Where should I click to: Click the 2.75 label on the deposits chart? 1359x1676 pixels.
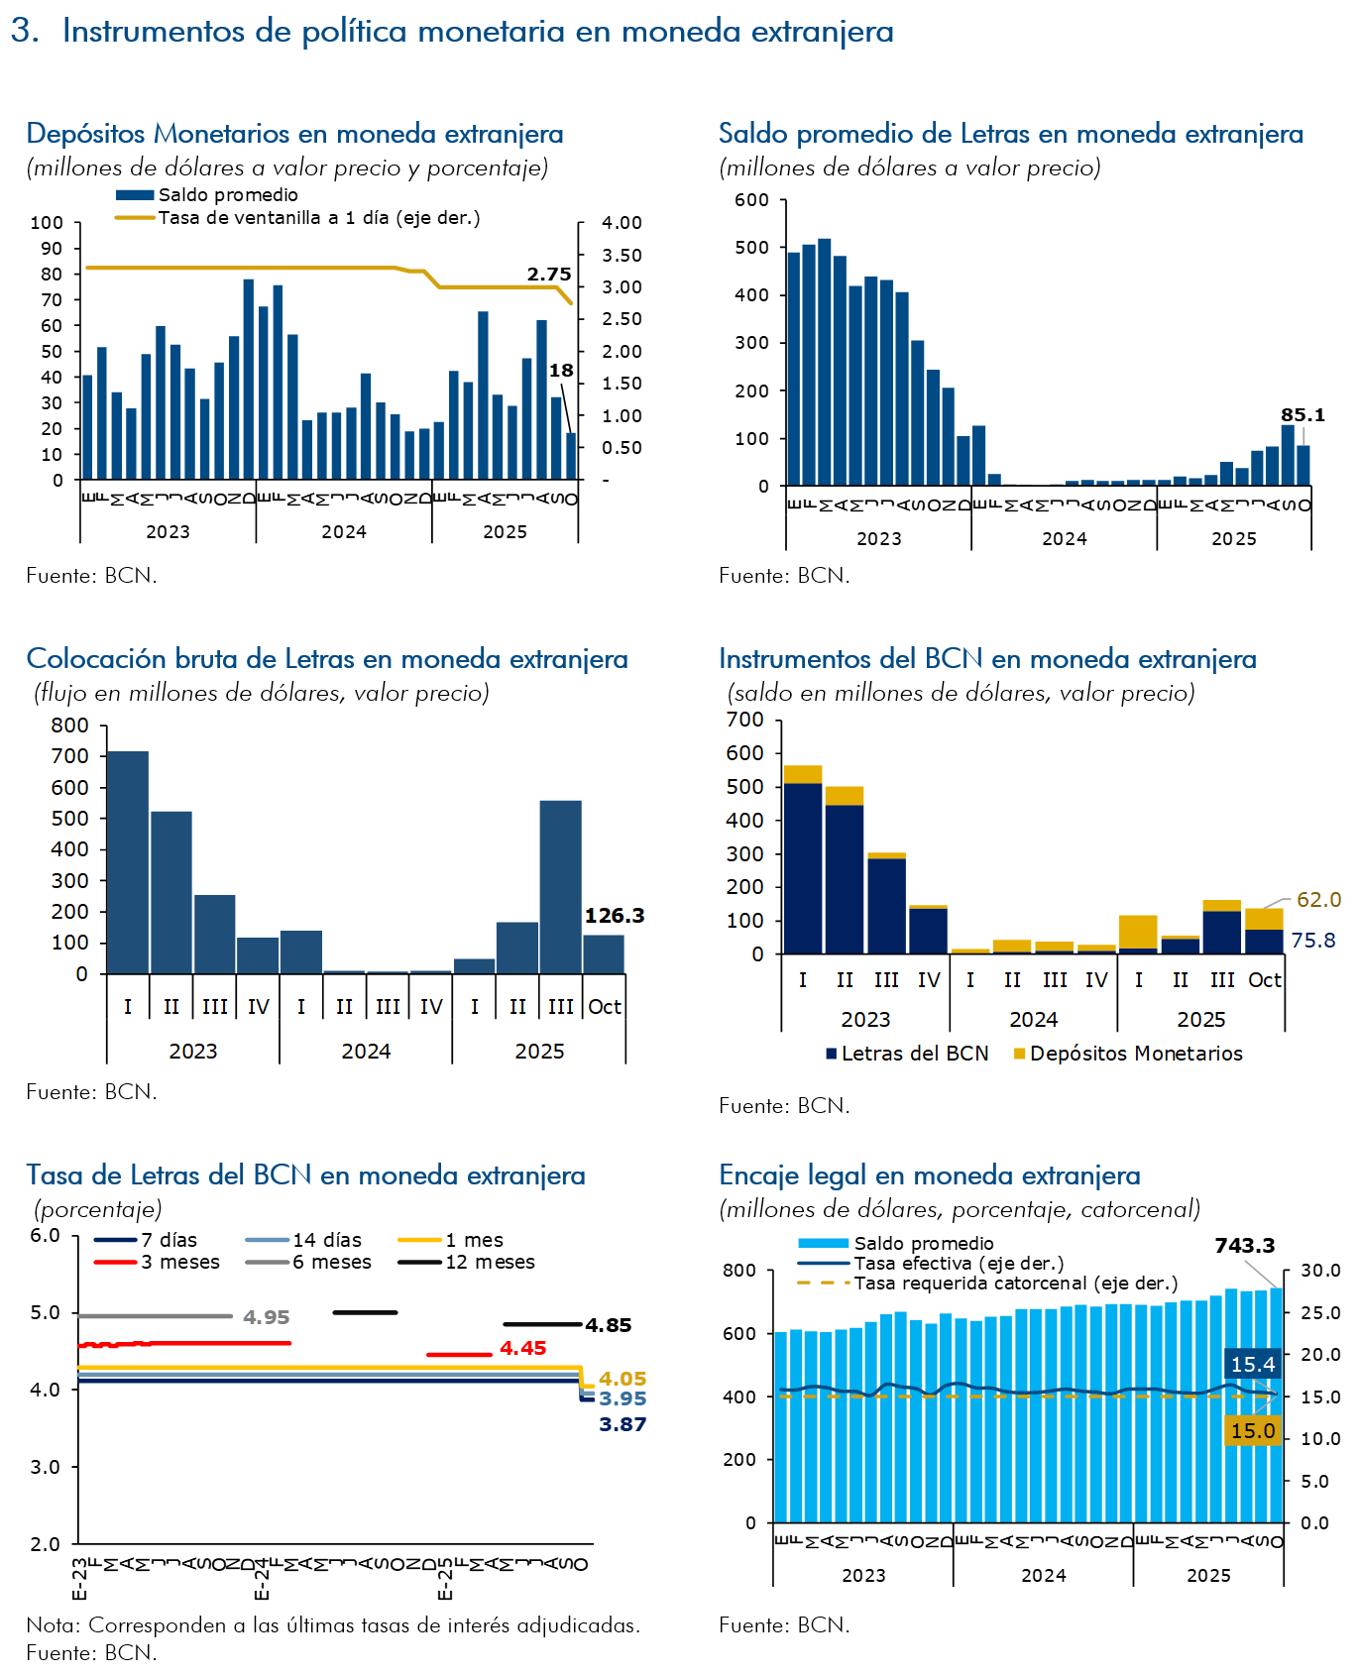(549, 275)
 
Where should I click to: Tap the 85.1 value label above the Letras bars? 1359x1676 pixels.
(1302, 415)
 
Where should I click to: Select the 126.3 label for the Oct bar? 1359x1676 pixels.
(615, 916)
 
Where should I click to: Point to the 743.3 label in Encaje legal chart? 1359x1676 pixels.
(1244, 1246)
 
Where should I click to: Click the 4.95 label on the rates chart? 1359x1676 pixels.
(266, 1317)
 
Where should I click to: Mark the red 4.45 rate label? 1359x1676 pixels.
(522, 1348)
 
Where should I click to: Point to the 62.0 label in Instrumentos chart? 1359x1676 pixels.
(1318, 900)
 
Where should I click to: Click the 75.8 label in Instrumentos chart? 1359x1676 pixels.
(1312, 940)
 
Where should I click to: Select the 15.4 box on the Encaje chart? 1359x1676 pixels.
(1252, 1365)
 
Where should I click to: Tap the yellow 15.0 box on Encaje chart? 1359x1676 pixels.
(1252, 1431)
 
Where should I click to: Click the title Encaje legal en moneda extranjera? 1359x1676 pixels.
(929, 1175)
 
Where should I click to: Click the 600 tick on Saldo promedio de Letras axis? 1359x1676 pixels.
(751, 200)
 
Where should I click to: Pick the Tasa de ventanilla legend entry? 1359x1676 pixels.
(318, 218)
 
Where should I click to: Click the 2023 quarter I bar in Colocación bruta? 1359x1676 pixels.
(128, 862)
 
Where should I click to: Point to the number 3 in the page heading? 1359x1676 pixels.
(23, 32)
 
